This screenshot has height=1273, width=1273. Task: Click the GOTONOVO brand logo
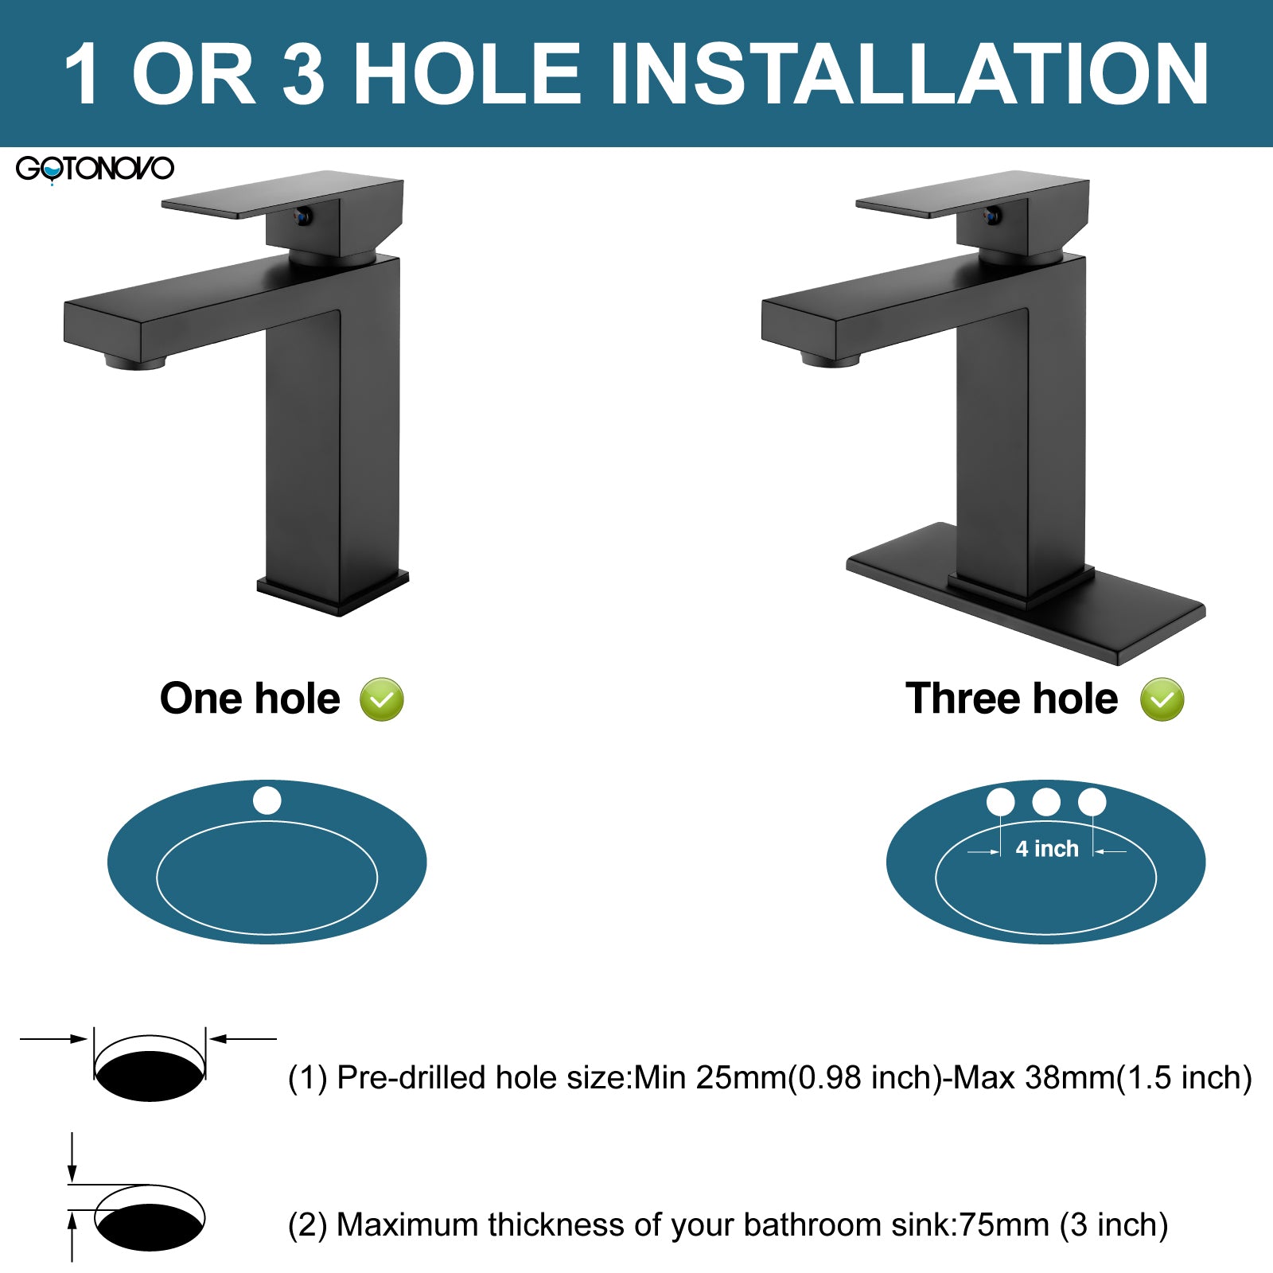[x=95, y=169]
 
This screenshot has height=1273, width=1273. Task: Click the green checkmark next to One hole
[x=382, y=699]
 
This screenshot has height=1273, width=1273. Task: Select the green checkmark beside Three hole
[x=1162, y=699]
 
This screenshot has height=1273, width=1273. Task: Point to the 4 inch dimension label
[x=1047, y=849]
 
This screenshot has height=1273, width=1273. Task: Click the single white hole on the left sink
[x=267, y=800]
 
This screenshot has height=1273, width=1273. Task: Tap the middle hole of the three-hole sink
[x=1046, y=802]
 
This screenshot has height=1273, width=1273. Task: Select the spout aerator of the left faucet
[x=135, y=363]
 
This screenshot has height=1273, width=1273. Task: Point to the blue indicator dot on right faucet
[x=992, y=215]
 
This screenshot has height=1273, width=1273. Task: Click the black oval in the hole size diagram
[x=150, y=1076]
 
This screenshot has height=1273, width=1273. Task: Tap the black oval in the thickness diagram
[x=150, y=1227]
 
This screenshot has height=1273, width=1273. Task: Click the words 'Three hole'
[x=1011, y=699]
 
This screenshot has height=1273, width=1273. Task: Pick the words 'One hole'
[x=250, y=699]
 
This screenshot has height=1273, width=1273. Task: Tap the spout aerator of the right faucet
[x=831, y=361]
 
